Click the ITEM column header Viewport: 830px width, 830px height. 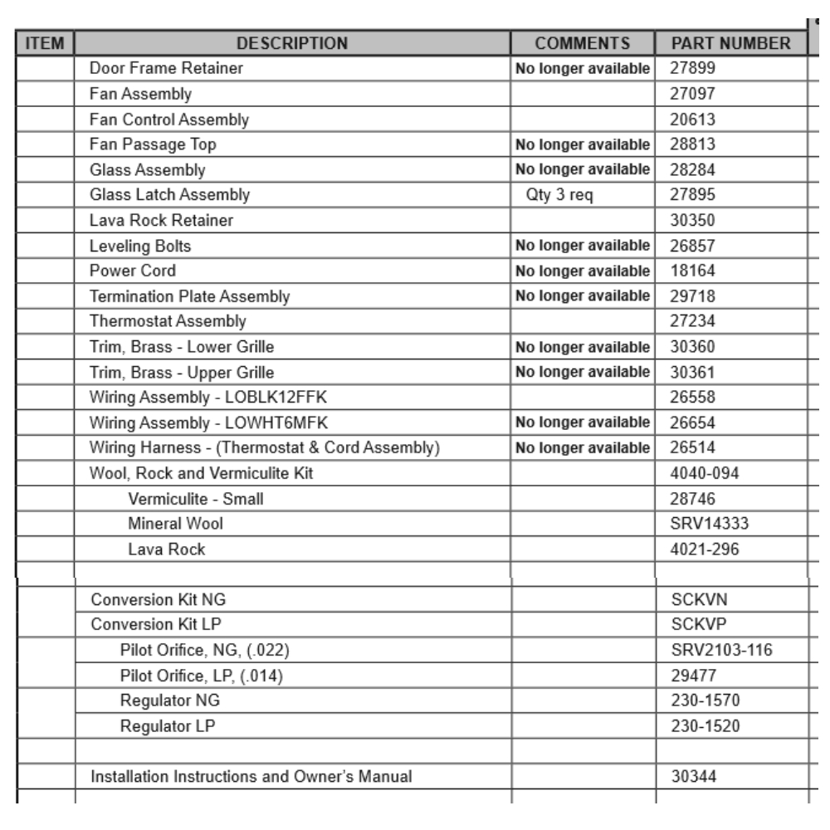tap(46, 43)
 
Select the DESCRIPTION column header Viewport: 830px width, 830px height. tap(292, 43)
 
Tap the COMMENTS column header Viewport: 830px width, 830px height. tap(583, 43)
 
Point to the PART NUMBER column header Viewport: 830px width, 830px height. tap(730, 43)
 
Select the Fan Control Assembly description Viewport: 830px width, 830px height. tap(169, 120)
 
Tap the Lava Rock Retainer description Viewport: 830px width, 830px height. tap(161, 221)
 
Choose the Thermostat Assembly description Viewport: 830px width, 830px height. tap(168, 321)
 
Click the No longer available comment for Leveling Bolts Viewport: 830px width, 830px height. tap(583, 246)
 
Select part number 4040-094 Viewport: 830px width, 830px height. tap(704, 473)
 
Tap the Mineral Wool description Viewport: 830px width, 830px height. tap(175, 524)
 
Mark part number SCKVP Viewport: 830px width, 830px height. tap(694, 624)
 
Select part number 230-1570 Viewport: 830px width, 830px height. tap(705, 701)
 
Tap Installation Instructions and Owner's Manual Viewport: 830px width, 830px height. tap(251, 777)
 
